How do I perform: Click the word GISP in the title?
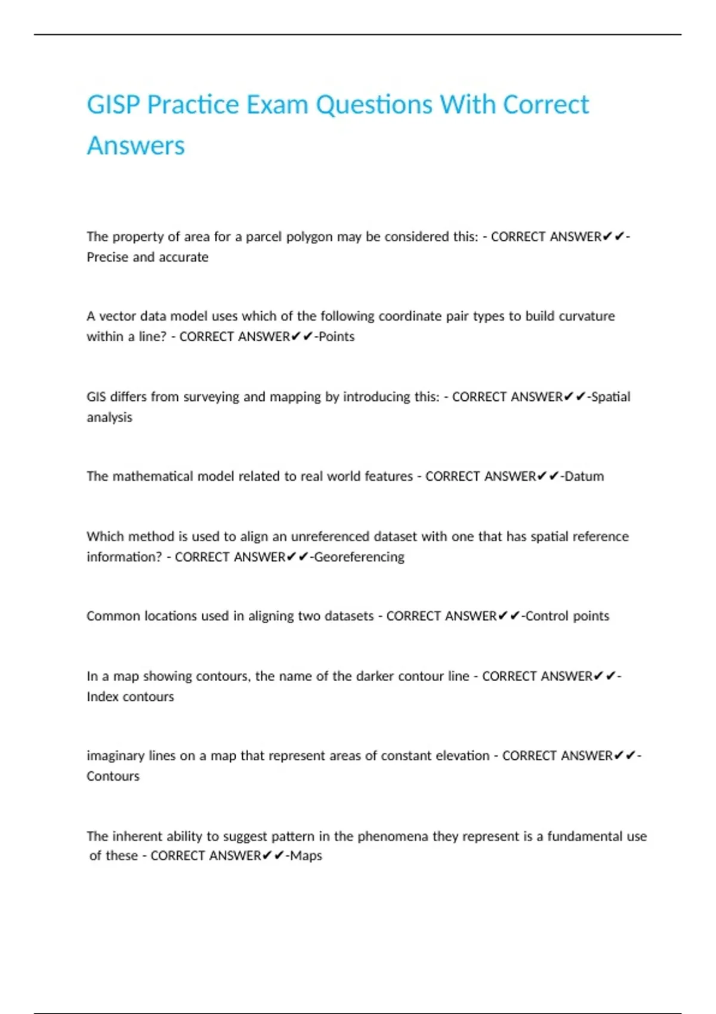point(113,105)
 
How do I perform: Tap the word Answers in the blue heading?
point(136,146)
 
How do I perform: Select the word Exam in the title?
point(277,105)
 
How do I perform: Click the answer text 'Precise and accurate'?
point(147,257)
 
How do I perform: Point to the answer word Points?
point(337,336)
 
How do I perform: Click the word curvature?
point(587,316)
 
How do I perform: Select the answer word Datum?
point(584,476)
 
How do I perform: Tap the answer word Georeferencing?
point(359,557)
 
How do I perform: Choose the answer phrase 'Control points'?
point(567,616)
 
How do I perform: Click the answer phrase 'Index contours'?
point(130,697)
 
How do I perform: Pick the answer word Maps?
point(306,855)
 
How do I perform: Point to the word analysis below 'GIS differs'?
point(109,417)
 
